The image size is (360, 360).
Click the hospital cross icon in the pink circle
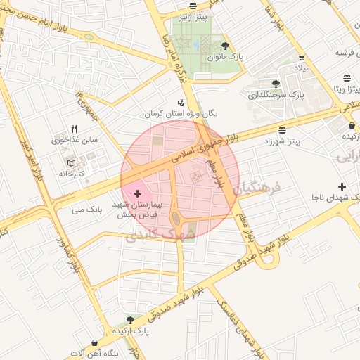click(x=136, y=191)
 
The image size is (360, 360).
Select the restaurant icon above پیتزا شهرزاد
click(x=282, y=130)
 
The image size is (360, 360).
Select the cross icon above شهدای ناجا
click(x=342, y=186)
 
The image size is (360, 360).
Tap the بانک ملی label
click(x=87, y=210)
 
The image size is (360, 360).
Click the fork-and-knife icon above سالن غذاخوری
click(x=74, y=129)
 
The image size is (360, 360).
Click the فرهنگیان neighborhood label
click(x=259, y=188)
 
